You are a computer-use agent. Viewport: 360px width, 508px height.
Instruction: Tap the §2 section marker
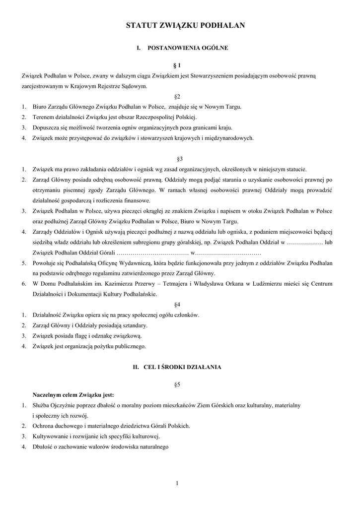tap(179, 96)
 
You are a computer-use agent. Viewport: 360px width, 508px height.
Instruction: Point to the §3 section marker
tap(179, 159)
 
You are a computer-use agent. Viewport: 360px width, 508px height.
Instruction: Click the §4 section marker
tap(179, 304)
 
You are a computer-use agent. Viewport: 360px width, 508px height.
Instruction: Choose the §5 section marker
tap(179, 384)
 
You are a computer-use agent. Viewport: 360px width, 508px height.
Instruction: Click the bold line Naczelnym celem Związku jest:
tap(73, 395)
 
